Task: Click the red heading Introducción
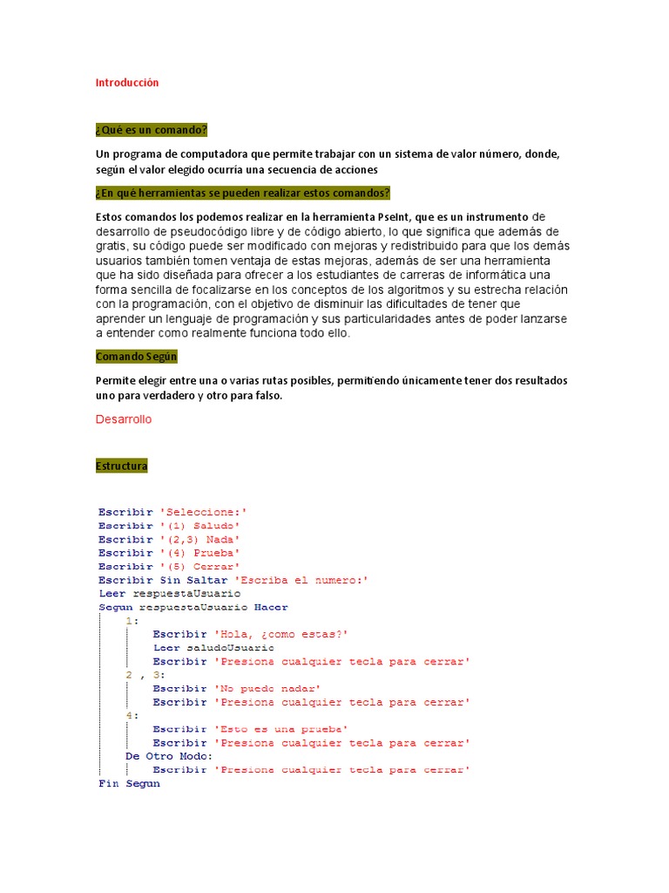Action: click(127, 83)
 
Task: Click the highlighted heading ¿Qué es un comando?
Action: click(151, 130)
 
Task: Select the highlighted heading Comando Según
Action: click(137, 357)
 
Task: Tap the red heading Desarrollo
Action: click(123, 419)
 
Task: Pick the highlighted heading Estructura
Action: click(122, 467)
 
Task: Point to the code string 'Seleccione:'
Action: click(210, 512)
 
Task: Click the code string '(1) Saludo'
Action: click(200, 526)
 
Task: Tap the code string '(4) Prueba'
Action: click(200, 553)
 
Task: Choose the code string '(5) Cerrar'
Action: click(200, 567)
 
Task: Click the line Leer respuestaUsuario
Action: click(169, 594)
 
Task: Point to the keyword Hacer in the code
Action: click(272, 607)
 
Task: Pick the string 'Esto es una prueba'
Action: click(280, 729)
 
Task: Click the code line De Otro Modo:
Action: click(169, 756)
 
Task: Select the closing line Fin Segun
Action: click(129, 784)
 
